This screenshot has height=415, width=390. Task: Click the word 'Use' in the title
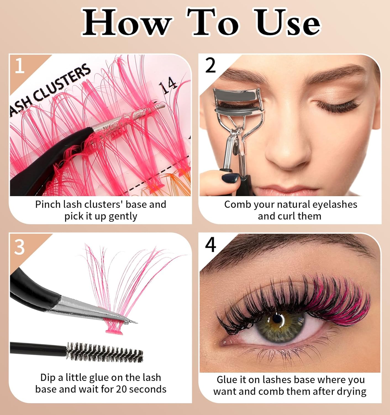click(x=287, y=23)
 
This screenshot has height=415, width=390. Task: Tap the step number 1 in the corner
click(x=20, y=66)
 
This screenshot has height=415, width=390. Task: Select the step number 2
click(x=210, y=66)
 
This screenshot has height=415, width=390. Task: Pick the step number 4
click(x=210, y=245)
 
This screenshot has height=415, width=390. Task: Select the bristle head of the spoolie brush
click(x=105, y=352)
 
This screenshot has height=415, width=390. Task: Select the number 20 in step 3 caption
click(x=121, y=389)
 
